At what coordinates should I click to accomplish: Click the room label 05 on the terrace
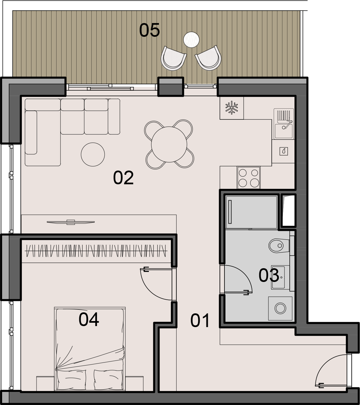coord(150,30)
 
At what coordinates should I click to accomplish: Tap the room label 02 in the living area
coord(123,178)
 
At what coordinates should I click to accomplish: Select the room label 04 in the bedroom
coord(89,320)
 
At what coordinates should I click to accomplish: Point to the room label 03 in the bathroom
coord(269,275)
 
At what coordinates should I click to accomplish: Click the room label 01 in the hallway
coord(200,320)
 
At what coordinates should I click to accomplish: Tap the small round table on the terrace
coord(191,39)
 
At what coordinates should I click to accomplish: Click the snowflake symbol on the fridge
coord(232,108)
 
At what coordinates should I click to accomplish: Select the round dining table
coord(169,144)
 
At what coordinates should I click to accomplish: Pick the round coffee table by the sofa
coord(93,154)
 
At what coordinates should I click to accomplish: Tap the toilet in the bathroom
coord(279,245)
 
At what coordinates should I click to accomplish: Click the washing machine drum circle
coord(280,308)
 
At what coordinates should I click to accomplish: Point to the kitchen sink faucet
coord(288,124)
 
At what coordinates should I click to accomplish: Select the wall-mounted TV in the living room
coord(71,222)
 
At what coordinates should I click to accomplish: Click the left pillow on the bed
coord(72,379)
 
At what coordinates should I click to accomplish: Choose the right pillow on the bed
coord(108,379)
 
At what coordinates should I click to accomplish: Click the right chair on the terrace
coord(208,58)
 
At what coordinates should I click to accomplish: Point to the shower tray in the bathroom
coord(251,212)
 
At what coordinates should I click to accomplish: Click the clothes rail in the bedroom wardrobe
coord(96,251)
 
